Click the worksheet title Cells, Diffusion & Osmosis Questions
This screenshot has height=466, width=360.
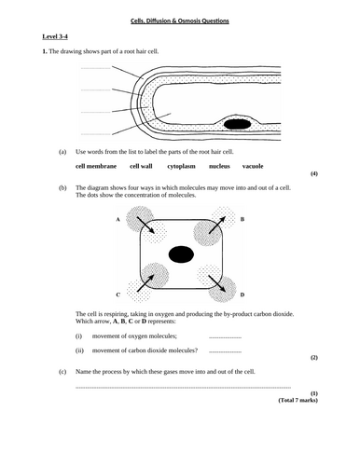click(x=180, y=21)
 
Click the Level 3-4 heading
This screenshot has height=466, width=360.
click(x=55, y=36)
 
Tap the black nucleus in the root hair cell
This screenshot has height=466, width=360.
click(x=237, y=124)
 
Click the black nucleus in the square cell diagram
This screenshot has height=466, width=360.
click(x=181, y=254)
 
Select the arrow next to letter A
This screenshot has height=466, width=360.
click(x=145, y=225)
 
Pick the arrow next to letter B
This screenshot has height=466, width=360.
click(x=217, y=225)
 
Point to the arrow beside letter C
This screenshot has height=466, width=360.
click(x=145, y=283)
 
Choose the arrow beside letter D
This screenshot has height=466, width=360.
click(x=217, y=283)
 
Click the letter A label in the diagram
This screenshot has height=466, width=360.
click(x=118, y=219)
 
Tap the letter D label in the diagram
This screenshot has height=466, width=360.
click(x=242, y=295)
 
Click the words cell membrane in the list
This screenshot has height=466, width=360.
click(x=96, y=166)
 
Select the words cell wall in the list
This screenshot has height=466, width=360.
click(x=141, y=166)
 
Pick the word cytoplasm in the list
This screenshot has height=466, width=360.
click(x=181, y=167)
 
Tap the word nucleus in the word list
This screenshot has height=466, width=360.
click(x=219, y=166)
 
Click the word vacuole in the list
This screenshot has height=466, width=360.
click(x=253, y=166)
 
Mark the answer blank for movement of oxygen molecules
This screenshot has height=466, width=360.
click(x=225, y=337)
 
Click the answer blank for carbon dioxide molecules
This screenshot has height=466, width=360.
click(x=225, y=352)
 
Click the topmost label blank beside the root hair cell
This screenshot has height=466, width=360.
click(x=96, y=68)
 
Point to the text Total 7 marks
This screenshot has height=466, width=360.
click(x=298, y=400)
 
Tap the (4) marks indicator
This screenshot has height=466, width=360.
click(x=314, y=173)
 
